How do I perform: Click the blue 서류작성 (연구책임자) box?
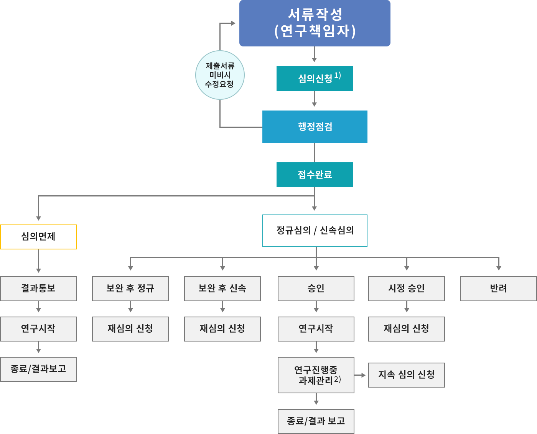[315, 23]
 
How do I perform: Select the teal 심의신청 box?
[315, 79]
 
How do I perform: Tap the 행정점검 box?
[315, 127]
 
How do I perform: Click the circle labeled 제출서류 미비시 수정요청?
[220, 75]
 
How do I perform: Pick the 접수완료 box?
[315, 175]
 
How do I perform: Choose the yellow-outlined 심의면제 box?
[38, 237]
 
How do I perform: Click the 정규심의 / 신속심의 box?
[315, 231]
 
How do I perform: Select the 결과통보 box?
[38, 289]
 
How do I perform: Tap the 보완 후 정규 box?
[130, 289]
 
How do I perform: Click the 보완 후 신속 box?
[222, 289]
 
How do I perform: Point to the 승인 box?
[316, 289]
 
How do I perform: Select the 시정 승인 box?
[407, 289]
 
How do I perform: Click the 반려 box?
[498, 289]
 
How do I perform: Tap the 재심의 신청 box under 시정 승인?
[407, 329]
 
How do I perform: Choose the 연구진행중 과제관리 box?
[316, 375]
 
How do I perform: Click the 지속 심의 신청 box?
[407, 375]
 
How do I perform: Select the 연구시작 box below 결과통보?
[38, 329]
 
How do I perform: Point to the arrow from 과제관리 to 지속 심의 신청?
[361, 375]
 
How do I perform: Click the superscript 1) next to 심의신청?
[338, 75]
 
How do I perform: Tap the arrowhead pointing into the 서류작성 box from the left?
[233, 23]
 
